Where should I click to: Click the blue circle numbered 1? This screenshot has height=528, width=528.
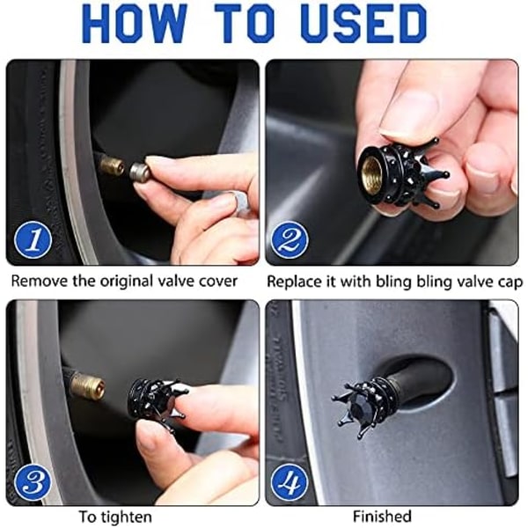pos(33,240)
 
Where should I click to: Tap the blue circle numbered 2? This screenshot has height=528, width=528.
pos(290,240)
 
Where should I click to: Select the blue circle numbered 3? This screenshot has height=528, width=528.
pos(33,482)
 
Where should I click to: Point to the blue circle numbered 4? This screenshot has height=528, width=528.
pos(290,482)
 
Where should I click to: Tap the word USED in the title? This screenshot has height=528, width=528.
pos(364,23)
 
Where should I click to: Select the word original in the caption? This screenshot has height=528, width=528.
pos(128,282)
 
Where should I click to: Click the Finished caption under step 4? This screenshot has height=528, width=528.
pos(382,516)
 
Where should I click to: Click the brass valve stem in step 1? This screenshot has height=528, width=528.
pos(112,165)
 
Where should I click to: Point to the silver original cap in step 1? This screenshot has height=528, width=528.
pos(140,172)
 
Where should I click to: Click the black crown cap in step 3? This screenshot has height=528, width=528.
pos(154,401)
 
